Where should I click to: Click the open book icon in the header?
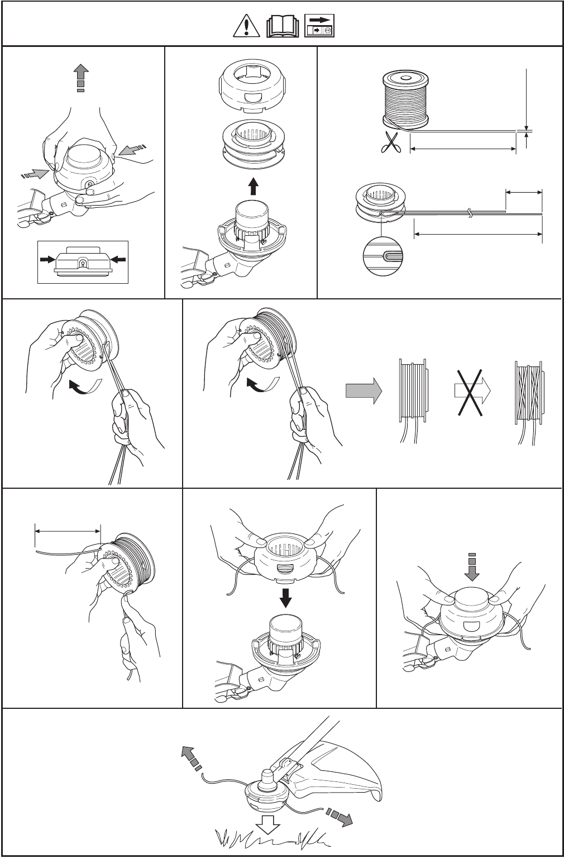click(x=283, y=26)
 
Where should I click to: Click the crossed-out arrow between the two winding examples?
click(x=472, y=390)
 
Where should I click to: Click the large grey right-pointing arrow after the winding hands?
click(x=364, y=390)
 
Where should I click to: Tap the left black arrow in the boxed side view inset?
click(x=47, y=259)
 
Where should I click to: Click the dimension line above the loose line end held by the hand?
click(x=68, y=531)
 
